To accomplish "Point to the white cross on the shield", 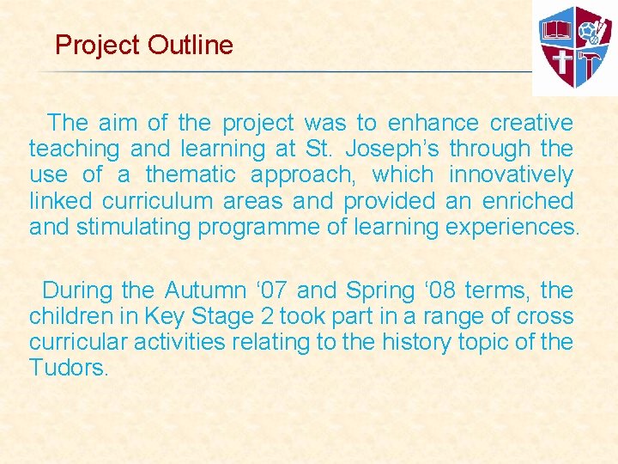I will (562, 62).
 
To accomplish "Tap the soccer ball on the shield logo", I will (588, 31).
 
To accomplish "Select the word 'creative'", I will (531, 124).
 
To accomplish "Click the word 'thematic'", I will (191, 175).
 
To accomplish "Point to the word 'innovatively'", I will (511, 175).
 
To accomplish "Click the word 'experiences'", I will (511, 227).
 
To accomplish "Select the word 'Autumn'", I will (203, 290).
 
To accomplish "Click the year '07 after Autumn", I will (266, 290).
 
